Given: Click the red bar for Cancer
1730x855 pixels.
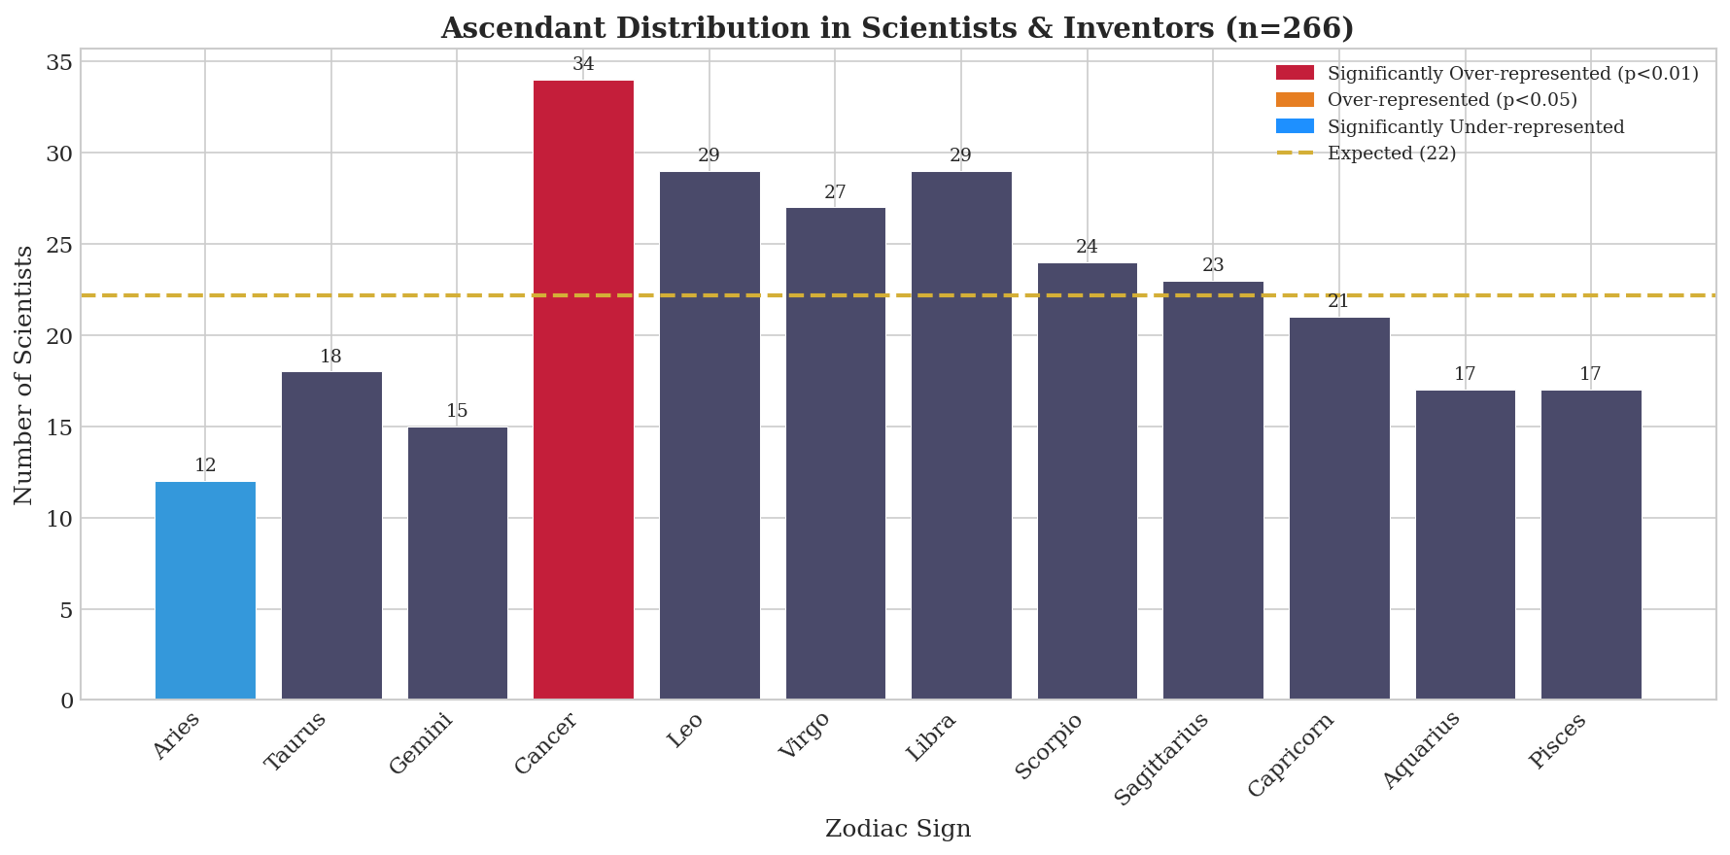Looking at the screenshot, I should [583, 389].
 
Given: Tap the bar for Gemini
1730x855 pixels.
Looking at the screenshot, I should [457, 563].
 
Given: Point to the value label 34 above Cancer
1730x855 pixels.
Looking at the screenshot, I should [583, 65].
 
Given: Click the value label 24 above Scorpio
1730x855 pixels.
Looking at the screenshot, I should [1087, 248].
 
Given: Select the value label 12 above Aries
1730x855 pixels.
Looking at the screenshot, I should [205, 466].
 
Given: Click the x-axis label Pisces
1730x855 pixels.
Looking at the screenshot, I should [1558, 740].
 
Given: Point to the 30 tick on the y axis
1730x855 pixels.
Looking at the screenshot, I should [60, 154].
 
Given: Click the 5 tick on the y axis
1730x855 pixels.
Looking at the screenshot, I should [66, 610].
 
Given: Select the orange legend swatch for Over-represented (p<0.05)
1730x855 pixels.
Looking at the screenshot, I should [1294, 100].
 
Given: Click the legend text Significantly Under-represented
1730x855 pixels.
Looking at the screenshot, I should [1475, 127].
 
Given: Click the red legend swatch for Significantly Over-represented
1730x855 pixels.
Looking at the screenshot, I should [1294, 74].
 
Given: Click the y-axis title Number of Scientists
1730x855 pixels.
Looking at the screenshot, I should [24, 374].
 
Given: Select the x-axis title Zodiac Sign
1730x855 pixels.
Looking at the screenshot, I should [897, 829].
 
